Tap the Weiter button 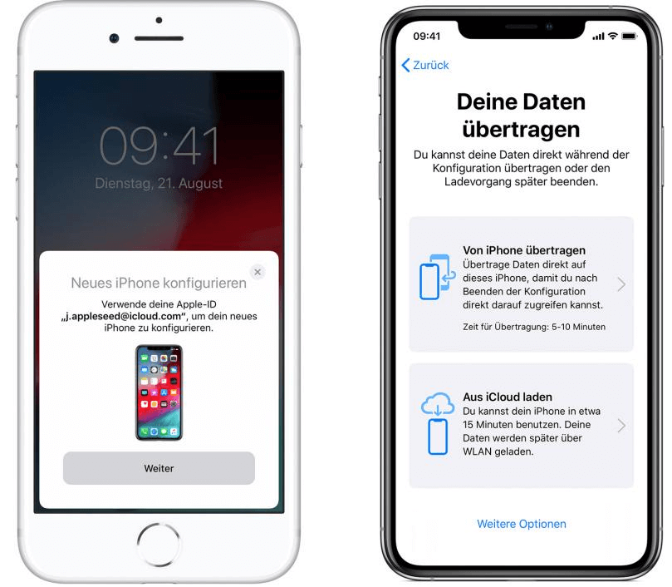tap(159, 468)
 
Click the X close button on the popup tap(258, 272)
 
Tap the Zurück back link tap(425, 65)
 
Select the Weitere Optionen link tap(521, 524)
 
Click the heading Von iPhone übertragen tap(523, 250)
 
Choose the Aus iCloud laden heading tap(507, 397)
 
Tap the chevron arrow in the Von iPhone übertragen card tap(621, 284)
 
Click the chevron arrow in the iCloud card tap(621, 426)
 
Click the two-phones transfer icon tap(437, 277)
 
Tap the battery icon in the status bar tap(630, 36)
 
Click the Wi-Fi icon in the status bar tap(613, 36)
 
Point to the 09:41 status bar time tap(426, 37)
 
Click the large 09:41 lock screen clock tap(159, 146)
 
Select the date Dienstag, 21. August tap(159, 183)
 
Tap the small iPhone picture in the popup tap(159, 392)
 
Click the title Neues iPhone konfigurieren tap(159, 284)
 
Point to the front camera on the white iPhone tap(114, 38)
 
